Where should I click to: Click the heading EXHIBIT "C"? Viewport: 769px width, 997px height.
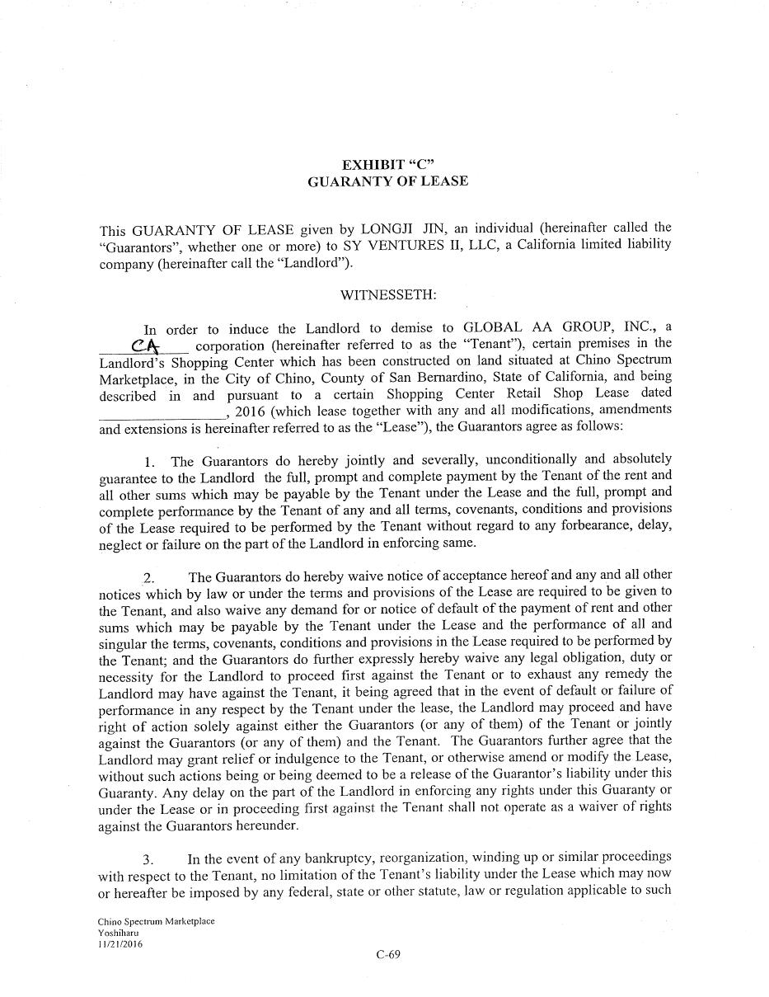tap(387, 164)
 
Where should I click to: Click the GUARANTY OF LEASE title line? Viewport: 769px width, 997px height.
tap(387, 181)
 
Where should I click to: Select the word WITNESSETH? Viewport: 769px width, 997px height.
tap(388, 294)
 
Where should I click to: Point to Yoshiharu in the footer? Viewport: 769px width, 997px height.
tap(118, 933)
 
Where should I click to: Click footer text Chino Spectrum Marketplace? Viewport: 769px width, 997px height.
tap(156, 921)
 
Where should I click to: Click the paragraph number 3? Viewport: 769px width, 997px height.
tap(148, 860)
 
